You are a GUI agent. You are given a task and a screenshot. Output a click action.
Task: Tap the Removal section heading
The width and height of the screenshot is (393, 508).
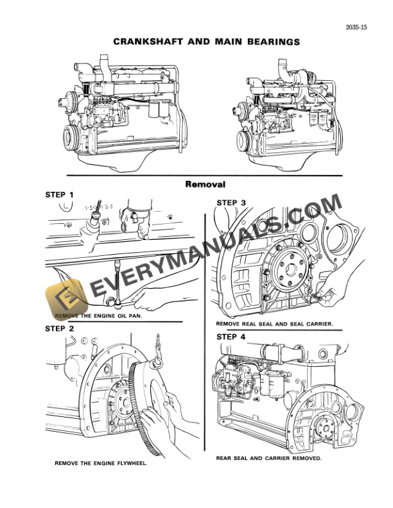205,184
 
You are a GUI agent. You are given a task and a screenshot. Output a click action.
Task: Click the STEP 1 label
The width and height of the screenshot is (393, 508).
59,194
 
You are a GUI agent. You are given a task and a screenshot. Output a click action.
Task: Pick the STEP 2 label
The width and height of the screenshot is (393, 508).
59,328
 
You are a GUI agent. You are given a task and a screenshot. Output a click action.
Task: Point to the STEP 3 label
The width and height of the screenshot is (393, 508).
231,203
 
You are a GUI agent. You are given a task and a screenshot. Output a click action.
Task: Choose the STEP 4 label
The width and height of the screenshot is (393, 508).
231,336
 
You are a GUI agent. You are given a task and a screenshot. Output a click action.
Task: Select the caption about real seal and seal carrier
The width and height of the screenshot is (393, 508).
274,325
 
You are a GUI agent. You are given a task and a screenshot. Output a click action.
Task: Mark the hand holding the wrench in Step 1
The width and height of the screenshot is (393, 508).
154,296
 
